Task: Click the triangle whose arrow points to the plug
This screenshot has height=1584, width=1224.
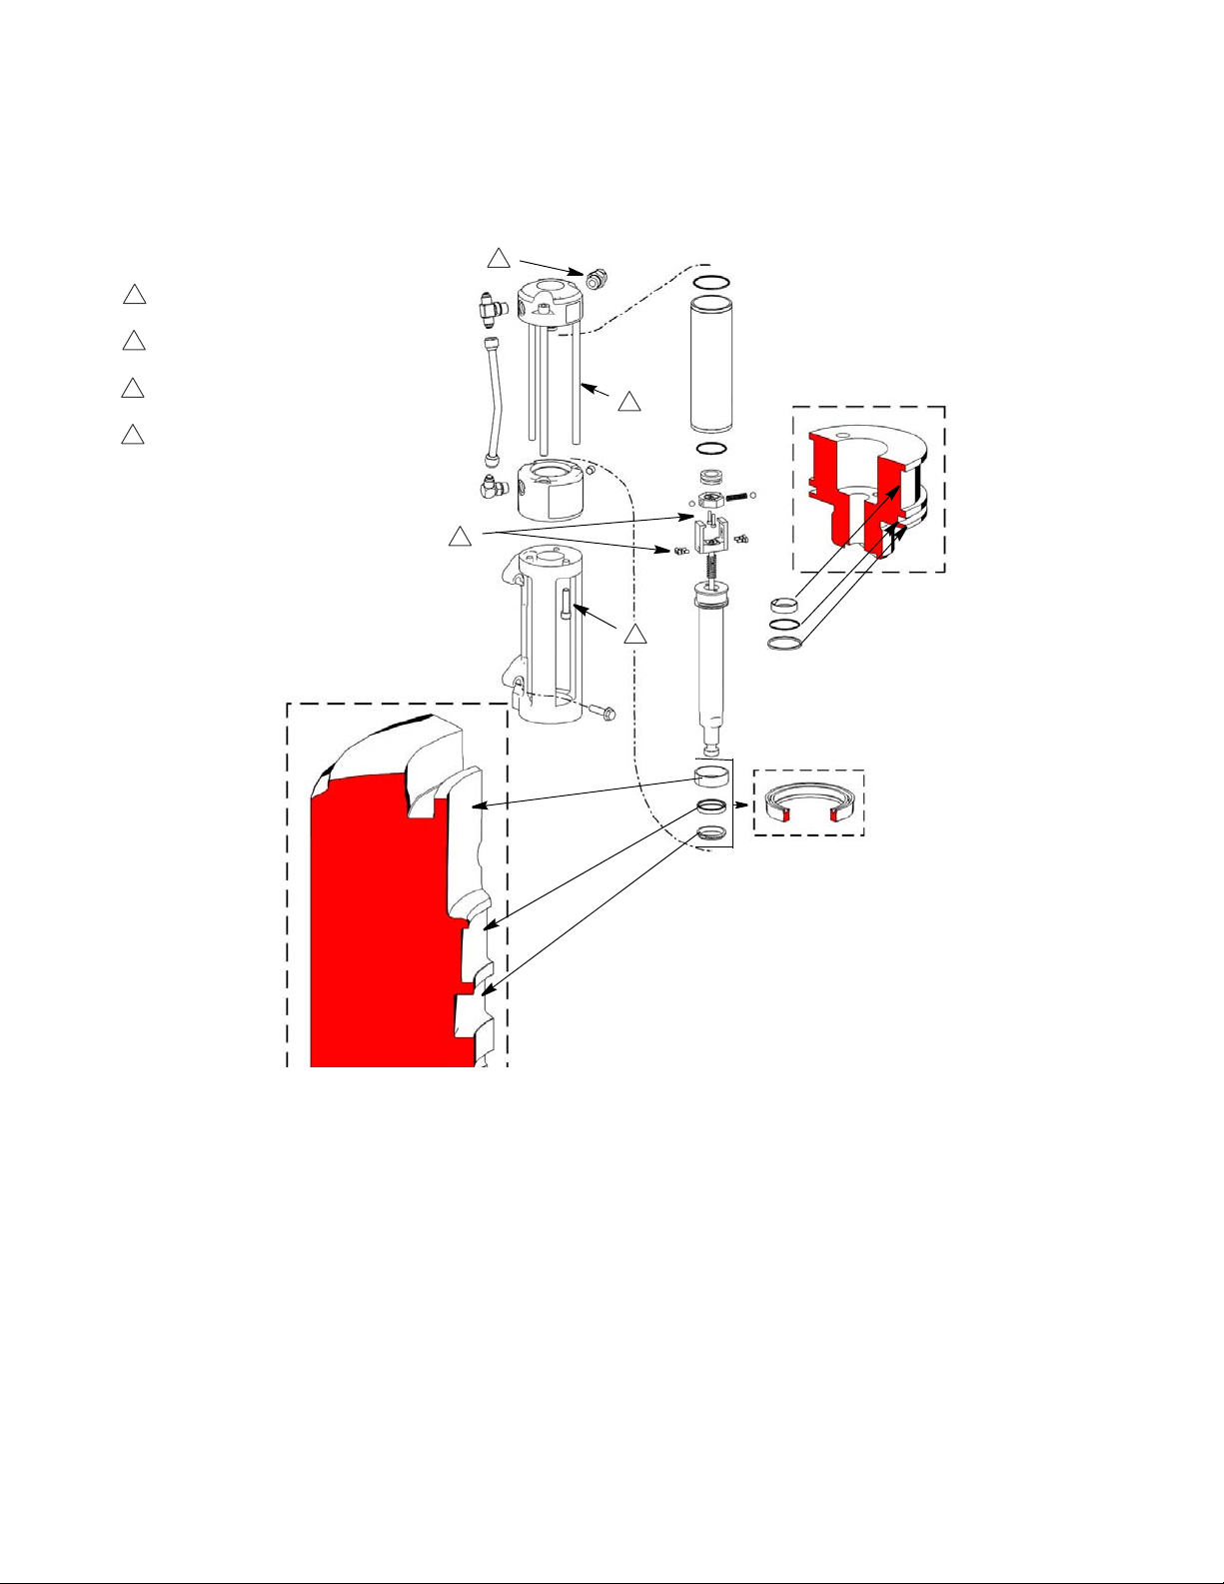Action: (x=499, y=258)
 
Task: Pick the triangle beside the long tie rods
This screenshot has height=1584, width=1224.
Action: (x=628, y=403)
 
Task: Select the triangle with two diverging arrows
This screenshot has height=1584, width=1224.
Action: (x=460, y=537)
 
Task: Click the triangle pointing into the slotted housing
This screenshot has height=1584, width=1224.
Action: (x=634, y=636)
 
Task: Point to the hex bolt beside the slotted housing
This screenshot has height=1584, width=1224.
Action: (x=603, y=713)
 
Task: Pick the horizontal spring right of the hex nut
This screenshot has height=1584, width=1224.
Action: (x=735, y=495)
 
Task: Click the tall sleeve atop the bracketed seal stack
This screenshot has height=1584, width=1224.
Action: (x=710, y=776)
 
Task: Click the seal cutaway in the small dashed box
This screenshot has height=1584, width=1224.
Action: (x=807, y=803)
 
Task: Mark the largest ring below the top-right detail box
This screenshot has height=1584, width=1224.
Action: (x=786, y=643)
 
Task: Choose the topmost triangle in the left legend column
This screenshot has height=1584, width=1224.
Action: (x=134, y=295)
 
